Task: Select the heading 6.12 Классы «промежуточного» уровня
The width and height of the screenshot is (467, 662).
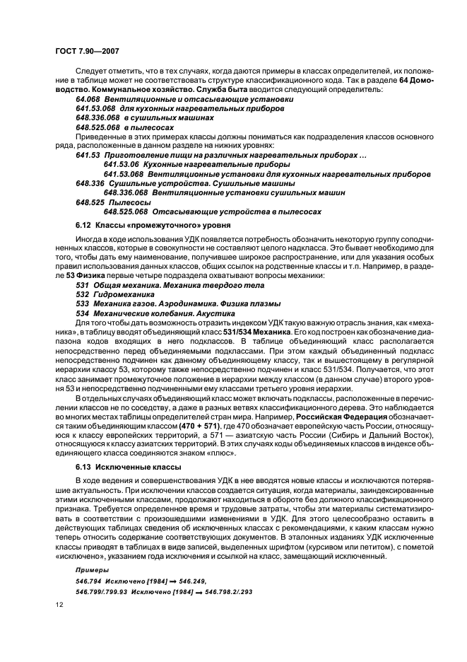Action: tap(142, 225)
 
